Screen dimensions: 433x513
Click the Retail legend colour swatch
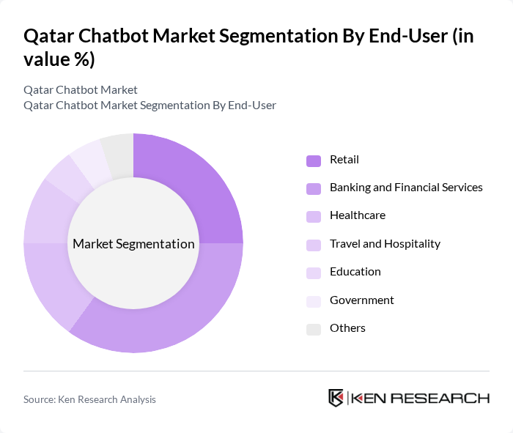click(314, 160)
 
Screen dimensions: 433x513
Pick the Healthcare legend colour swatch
click(314, 216)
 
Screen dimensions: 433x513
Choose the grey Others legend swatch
click(314, 329)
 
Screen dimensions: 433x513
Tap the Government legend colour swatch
click(314, 301)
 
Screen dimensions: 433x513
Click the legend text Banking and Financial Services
click(406, 188)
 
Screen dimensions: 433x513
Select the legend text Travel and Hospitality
click(385, 244)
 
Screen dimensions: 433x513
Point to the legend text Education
click(355, 272)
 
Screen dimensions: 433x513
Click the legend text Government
click(362, 300)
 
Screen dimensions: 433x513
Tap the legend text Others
click(347, 328)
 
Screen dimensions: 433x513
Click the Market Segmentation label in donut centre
click(133, 244)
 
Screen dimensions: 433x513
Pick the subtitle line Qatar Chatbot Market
click(81, 90)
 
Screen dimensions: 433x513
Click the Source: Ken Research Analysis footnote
click(89, 399)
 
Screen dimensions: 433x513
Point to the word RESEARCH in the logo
click(448, 399)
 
